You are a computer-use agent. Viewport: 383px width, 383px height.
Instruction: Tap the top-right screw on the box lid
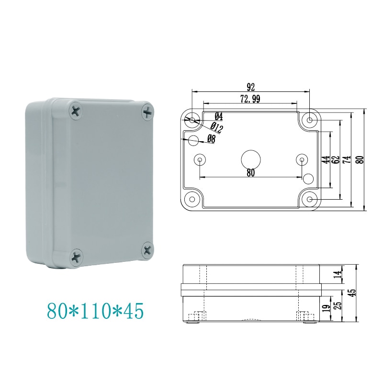148,113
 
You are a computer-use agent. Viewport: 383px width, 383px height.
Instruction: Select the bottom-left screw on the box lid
77,257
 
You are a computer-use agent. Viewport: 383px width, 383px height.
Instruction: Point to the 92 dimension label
250,87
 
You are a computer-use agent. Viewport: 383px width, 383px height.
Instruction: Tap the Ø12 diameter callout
216,128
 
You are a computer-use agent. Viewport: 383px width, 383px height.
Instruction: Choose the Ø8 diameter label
211,139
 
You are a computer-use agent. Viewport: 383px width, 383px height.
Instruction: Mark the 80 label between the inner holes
250,173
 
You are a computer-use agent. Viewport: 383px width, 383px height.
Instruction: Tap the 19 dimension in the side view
326,309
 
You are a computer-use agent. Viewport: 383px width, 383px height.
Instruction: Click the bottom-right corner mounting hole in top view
310,198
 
